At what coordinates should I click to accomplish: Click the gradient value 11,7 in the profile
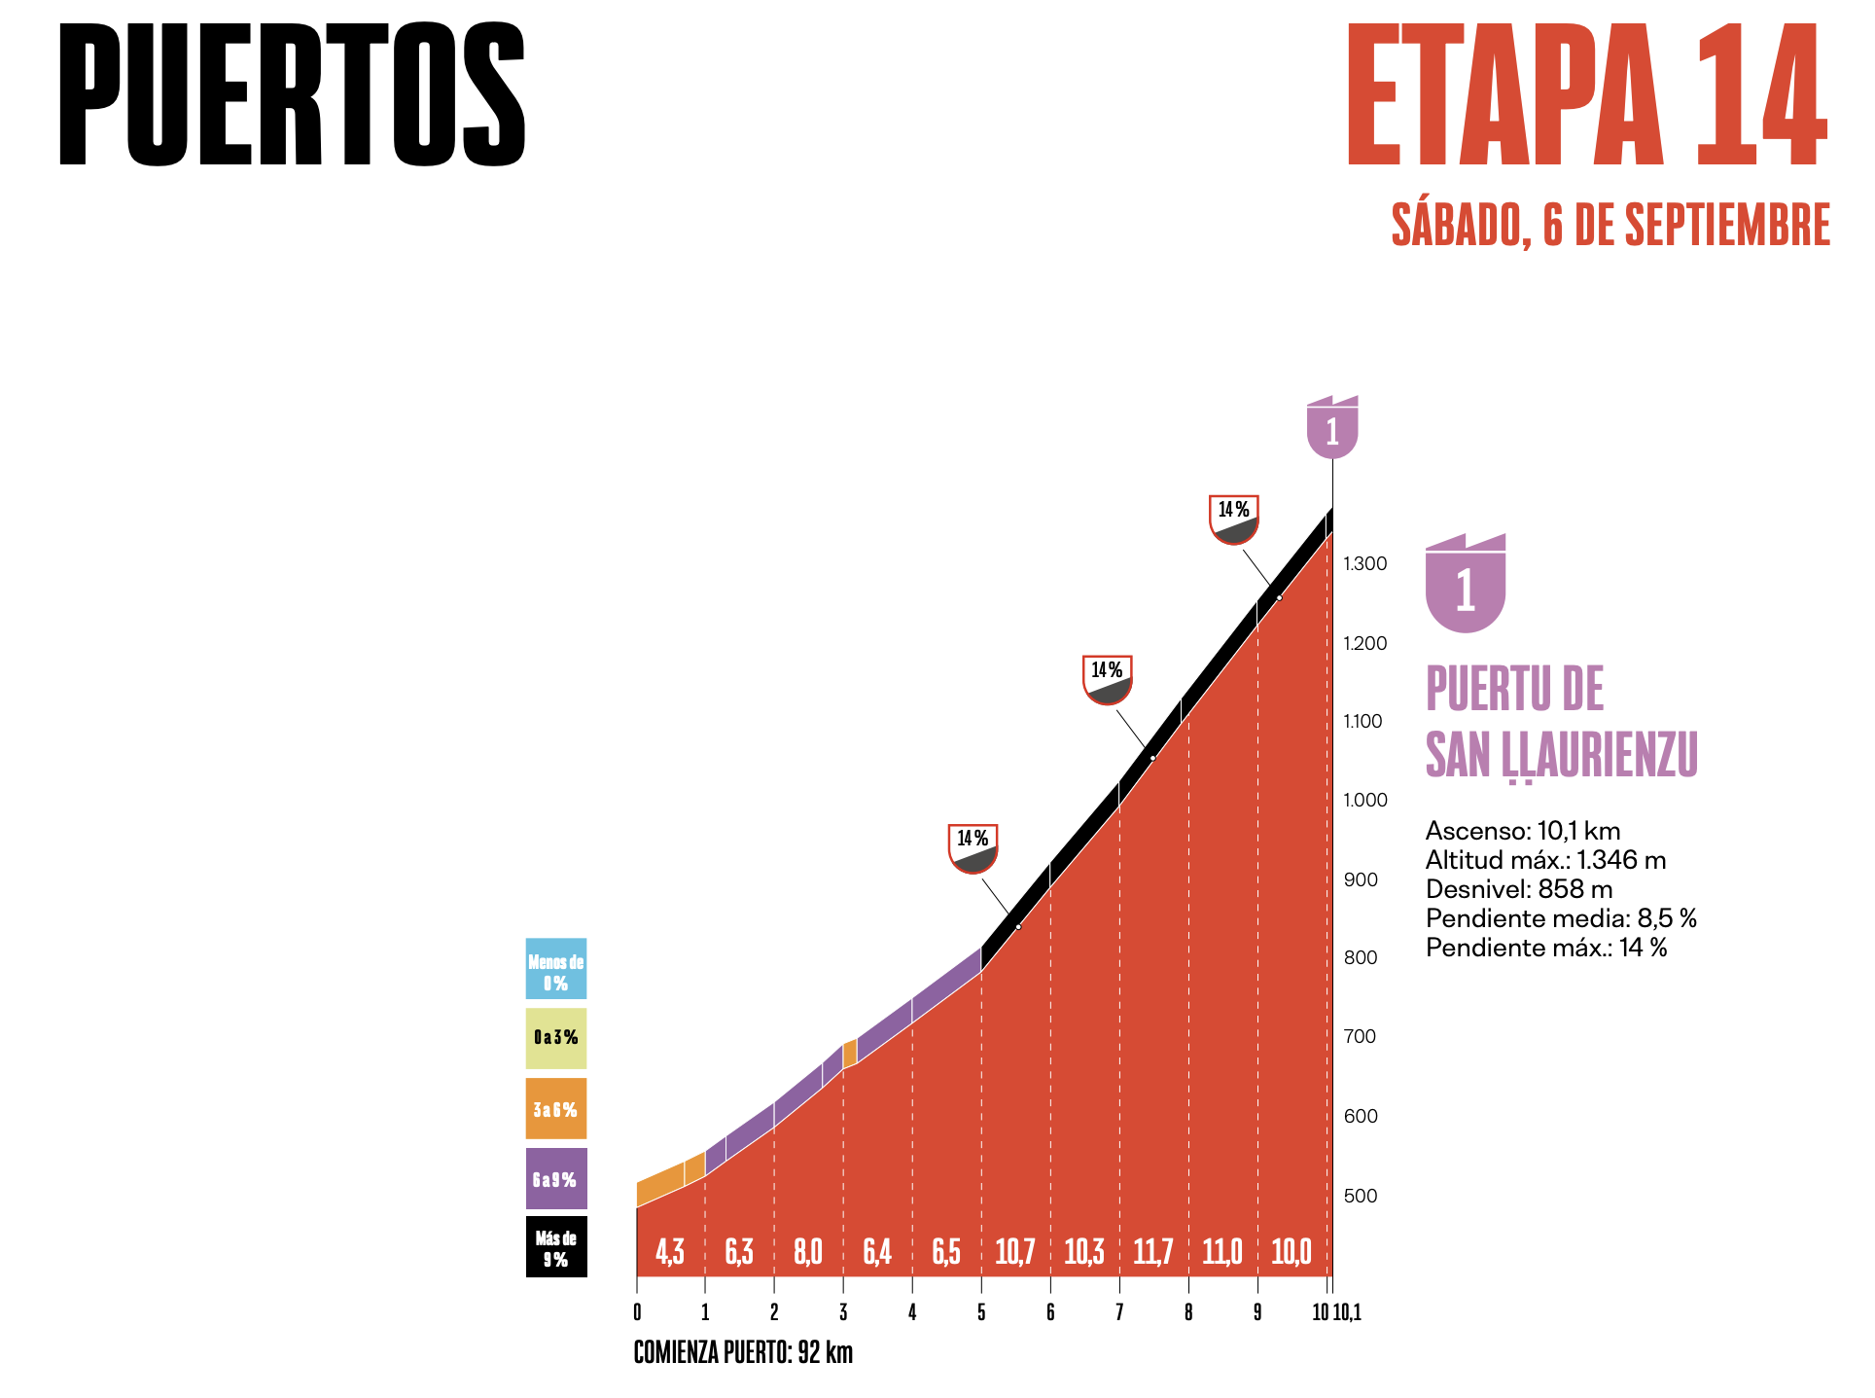pyautogui.click(x=1152, y=1251)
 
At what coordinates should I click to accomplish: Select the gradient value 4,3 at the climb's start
pyautogui.click(x=670, y=1251)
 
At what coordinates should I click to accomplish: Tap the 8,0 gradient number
pyautogui.click(x=808, y=1251)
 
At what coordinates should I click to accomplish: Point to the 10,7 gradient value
pyautogui.click(x=1014, y=1251)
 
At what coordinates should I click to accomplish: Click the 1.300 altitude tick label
pyautogui.click(x=1365, y=564)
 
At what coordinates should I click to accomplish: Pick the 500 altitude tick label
pyautogui.click(x=1361, y=1196)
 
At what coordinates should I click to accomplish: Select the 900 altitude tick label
pyautogui.click(x=1361, y=879)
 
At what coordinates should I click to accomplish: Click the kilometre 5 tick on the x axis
pyautogui.click(x=981, y=1312)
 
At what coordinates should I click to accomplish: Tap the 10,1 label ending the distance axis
pyautogui.click(x=1348, y=1312)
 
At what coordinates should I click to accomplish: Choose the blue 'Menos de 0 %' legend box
pyautogui.click(x=555, y=968)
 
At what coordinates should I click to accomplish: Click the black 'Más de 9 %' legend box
pyautogui.click(x=555, y=1246)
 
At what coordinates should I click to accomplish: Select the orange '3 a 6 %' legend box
pyautogui.click(x=555, y=1108)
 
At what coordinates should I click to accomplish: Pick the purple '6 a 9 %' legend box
pyautogui.click(x=555, y=1178)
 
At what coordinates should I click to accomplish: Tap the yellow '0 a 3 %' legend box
pyautogui.click(x=555, y=1038)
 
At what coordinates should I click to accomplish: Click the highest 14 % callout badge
pyautogui.click(x=1234, y=519)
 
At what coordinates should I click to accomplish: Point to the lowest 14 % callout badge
pyautogui.click(x=973, y=847)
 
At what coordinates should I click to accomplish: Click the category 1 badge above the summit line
pyautogui.click(x=1332, y=427)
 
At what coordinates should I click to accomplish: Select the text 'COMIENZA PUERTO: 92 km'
pyautogui.click(x=743, y=1352)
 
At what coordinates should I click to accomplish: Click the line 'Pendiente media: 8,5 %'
pyautogui.click(x=1561, y=918)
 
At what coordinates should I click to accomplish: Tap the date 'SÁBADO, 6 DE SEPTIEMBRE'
pyautogui.click(x=1610, y=225)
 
